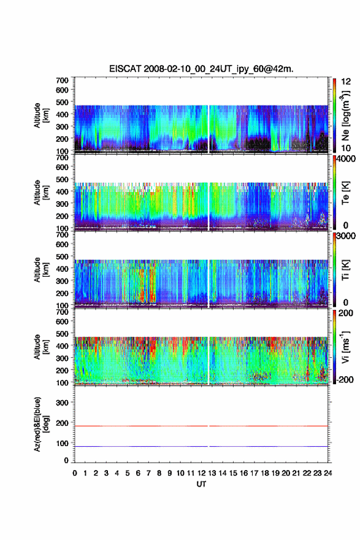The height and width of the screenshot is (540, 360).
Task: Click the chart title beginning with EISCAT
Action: (201, 69)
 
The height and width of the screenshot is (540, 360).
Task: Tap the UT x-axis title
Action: (201, 484)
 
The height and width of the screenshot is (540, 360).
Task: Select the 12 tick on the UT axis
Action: (201, 473)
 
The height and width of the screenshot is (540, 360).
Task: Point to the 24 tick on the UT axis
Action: (328, 473)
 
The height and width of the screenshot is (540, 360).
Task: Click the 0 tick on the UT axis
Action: (75, 473)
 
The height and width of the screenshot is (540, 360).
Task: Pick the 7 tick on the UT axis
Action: (148, 473)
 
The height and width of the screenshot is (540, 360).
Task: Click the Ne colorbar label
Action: (345, 115)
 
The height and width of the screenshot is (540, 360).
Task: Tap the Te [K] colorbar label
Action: (345, 193)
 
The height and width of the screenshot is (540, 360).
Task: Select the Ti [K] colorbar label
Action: (345, 270)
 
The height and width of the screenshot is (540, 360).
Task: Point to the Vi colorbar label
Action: (345, 347)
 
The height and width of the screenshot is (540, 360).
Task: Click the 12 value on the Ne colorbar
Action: (346, 82)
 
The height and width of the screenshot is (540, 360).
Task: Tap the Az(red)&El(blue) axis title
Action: (41, 424)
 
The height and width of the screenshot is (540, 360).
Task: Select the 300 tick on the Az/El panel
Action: (62, 403)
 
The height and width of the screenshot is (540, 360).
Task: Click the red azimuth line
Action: (201, 426)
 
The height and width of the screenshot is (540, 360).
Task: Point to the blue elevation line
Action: (201, 446)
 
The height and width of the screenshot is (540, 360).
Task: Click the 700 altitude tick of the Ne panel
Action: (62, 80)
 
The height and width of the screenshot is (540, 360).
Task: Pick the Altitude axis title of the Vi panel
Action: (41, 347)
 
